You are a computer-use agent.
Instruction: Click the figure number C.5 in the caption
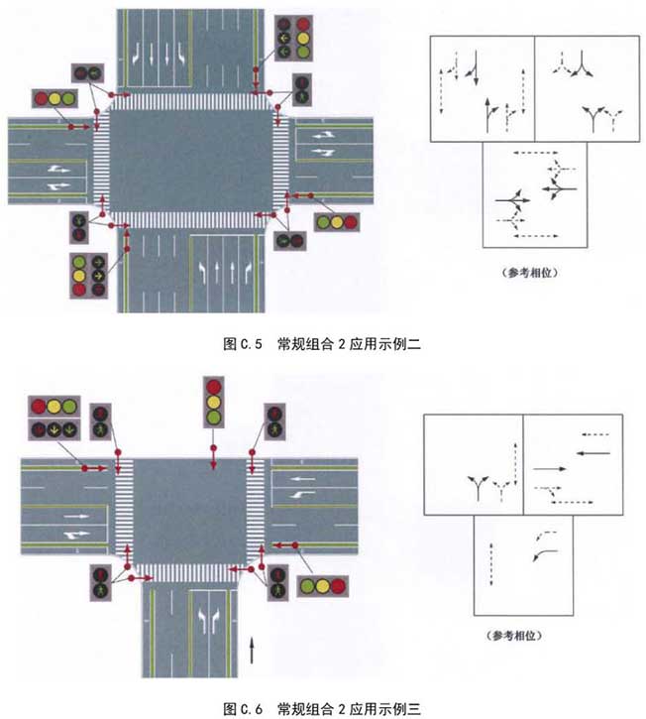tap(251, 344)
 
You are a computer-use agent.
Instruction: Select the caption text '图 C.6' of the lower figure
tap(243, 709)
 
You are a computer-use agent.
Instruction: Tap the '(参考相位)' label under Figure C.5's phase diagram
tap(530, 273)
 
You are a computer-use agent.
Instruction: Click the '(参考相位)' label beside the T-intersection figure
tap(515, 636)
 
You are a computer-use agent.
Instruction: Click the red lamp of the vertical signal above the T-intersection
tap(213, 387)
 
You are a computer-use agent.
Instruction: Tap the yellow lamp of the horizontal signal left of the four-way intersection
tap(54, 98)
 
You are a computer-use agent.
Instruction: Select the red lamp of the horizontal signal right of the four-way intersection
tap(351, 223)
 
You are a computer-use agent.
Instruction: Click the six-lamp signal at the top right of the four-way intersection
tap(293, 38)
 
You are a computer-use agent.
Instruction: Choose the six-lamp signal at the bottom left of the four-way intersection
tap(89, 276)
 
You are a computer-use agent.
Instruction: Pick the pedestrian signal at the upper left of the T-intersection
tap(100, 421)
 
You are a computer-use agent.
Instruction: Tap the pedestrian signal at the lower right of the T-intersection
tap(277, 582)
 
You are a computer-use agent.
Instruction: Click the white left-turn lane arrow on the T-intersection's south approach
tap(202, 621)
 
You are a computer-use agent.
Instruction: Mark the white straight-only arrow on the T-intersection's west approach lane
tap(76, 517)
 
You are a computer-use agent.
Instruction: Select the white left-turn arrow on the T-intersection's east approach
tap(301, 495)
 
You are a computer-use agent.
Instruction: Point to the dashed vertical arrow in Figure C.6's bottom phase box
tap(491, 564)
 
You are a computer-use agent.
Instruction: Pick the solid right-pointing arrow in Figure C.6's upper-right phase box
tap(550, 469)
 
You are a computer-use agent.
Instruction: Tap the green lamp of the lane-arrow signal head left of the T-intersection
tap(69, 430)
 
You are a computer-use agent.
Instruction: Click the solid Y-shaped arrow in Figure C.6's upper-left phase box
tap(478, 488)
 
